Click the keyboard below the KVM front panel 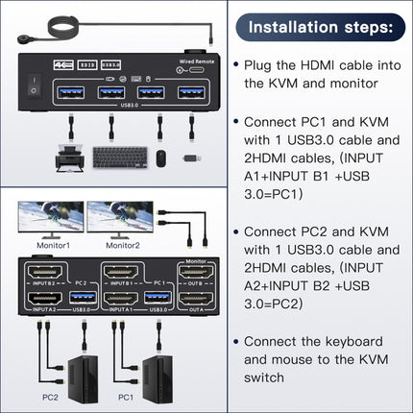(119, 157)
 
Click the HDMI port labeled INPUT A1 (119, 301)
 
